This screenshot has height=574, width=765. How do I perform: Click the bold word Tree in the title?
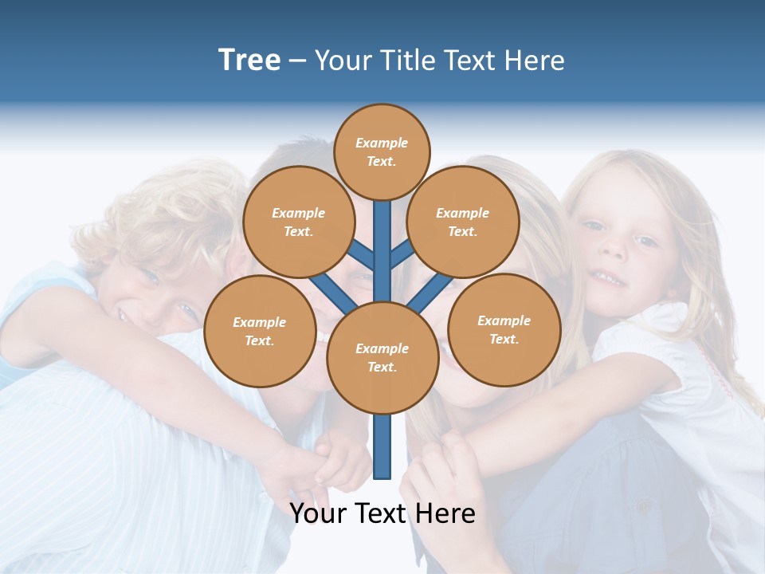coord(249,61)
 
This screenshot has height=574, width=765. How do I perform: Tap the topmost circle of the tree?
coord(382,151)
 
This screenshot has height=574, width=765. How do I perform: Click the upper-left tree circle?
coord(298,222)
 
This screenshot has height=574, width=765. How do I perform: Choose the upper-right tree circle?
coord(463,222)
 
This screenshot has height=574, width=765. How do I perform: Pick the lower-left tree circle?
coord(260,331)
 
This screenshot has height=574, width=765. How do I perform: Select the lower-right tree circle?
coord(504,329)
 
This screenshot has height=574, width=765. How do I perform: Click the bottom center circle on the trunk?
coord(382,358)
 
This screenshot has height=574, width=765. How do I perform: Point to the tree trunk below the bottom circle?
coord(382,446)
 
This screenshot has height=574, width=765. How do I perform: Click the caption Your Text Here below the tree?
coord(382,513)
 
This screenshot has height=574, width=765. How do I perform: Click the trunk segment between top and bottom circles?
coord(382,251)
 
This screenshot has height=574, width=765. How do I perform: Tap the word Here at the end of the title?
coord(535,61)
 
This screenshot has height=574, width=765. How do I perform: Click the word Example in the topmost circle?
coord(382,143)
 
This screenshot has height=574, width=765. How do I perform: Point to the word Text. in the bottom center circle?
coord(382,367)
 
